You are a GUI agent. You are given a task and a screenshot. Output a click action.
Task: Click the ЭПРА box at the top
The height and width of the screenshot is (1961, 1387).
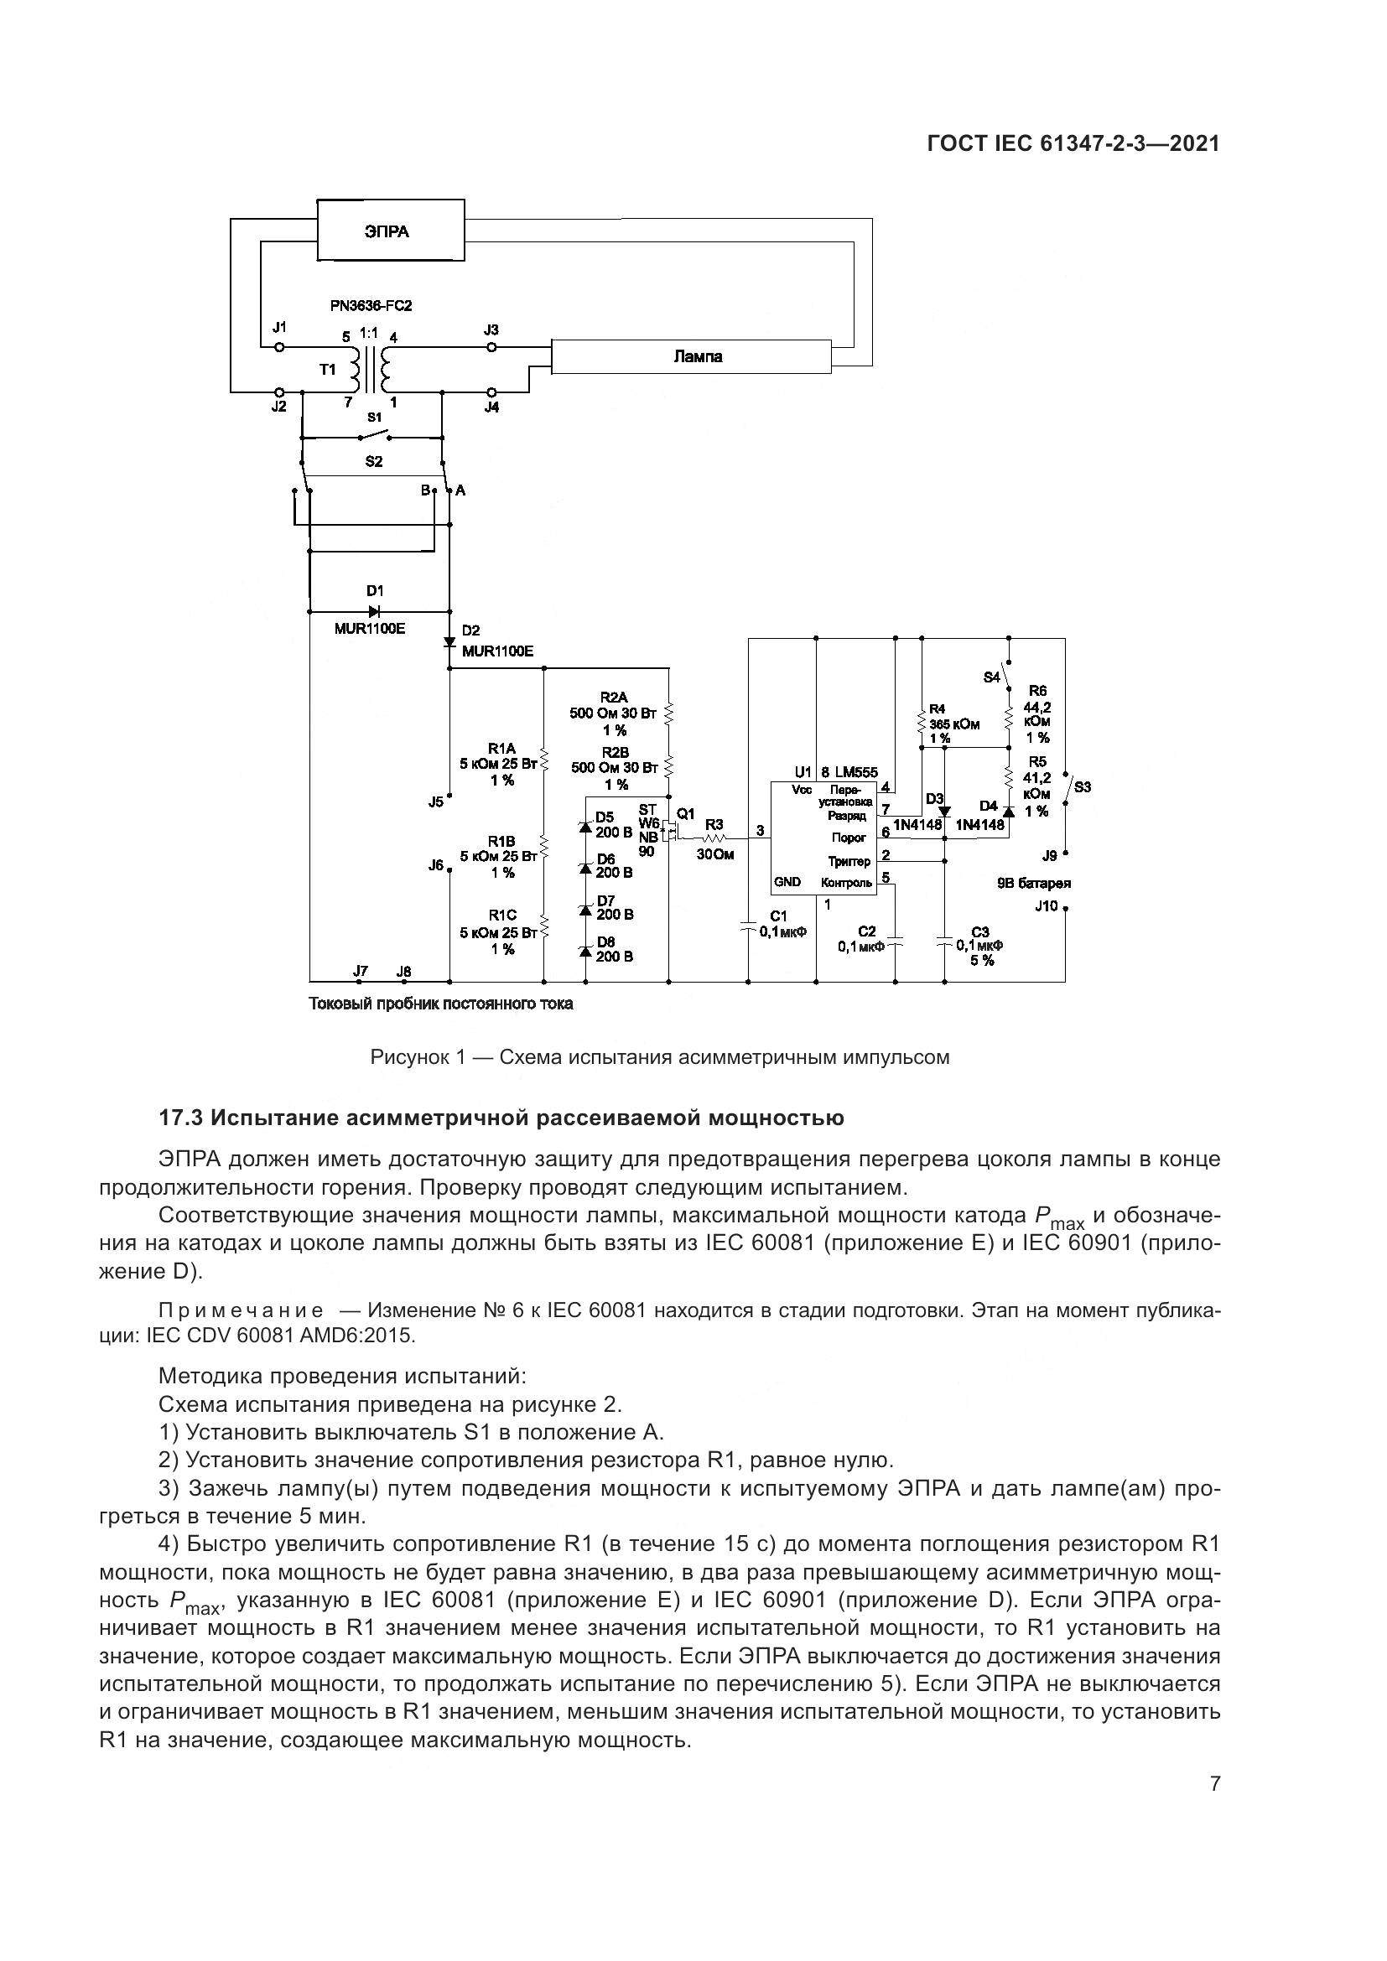point(390,231)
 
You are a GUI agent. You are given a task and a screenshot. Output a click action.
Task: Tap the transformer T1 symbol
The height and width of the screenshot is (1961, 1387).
point(369,369)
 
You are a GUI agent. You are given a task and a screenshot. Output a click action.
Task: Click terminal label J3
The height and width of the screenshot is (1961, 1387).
point(491,329)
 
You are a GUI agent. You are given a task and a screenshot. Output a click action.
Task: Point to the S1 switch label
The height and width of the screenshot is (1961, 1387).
point(374,417)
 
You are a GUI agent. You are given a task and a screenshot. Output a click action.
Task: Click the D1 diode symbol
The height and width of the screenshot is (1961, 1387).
point(374,610)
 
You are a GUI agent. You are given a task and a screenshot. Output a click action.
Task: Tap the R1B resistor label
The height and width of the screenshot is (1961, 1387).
point(501,840)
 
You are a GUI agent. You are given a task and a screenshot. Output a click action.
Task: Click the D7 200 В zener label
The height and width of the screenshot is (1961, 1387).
point(613,907)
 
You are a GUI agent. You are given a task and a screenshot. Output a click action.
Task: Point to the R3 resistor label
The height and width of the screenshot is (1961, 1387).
point(714,824)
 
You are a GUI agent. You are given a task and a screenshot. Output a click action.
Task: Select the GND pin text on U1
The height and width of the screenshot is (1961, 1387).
point(787,882)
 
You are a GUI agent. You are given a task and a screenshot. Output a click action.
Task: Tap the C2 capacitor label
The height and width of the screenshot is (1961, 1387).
point(866,931)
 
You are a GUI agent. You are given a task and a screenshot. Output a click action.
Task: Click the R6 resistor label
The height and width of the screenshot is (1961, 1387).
point(1036,690)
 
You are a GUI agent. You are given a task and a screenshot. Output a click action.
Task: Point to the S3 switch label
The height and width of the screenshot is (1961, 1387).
point(1082,786)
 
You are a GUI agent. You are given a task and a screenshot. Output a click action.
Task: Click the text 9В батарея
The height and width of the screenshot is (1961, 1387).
point(1033,884)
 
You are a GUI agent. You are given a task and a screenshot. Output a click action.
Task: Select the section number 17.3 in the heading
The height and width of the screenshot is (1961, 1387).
point(180,1118)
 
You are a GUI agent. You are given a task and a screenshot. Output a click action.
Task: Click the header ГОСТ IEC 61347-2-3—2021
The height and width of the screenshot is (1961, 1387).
point(1073,143)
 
